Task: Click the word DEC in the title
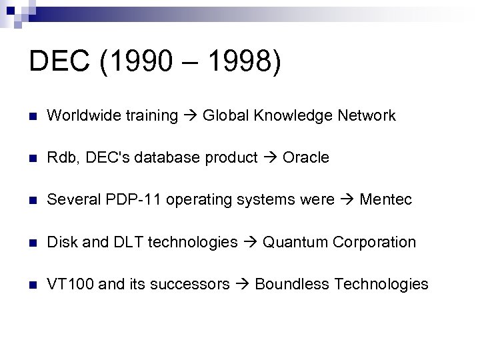59,61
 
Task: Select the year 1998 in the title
237,61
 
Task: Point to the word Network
367,116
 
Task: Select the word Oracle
306,158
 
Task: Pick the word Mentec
386,200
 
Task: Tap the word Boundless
292,285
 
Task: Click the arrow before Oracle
270,159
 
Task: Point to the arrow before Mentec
347,201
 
